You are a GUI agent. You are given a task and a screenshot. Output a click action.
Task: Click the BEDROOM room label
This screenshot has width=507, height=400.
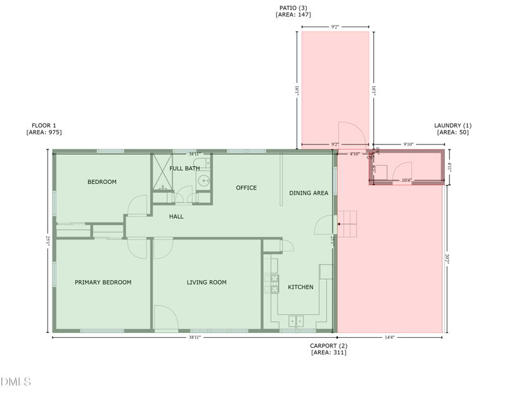tap(102, 182)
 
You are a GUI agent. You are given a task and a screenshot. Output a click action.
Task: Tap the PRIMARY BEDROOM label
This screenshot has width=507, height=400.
tap(103, 282)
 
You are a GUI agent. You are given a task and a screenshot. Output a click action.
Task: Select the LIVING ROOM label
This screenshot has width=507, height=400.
tap(207, 282)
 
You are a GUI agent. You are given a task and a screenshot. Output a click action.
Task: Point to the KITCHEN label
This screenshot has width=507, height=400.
tap(300, 287)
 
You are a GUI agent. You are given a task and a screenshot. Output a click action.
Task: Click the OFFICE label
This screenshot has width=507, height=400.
tap(246, 188)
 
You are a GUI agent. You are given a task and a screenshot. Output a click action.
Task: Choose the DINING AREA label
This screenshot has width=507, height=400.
tap(309, 193)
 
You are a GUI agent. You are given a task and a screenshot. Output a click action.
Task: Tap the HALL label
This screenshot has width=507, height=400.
tap(176, 217)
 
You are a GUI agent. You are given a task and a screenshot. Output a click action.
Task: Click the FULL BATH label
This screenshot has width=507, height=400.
tap(184, 168)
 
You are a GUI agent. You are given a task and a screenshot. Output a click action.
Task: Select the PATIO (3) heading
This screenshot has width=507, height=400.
tap(293, 8)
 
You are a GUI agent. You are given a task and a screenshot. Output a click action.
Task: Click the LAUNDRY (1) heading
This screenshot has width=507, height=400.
tap(452, 126)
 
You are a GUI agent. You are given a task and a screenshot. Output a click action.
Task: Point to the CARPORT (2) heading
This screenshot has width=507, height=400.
tap(328, 345)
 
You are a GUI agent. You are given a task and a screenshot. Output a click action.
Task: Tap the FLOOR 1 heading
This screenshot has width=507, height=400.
tap(44, 126)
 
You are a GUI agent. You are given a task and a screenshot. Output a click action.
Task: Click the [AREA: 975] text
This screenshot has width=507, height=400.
tap(44, 132)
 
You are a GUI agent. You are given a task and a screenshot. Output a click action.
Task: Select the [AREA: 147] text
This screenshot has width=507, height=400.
tap(293, 15)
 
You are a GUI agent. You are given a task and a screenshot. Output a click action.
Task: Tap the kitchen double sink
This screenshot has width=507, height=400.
tap(296, 321)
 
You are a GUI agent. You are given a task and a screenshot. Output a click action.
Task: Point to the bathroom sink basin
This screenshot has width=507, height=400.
tap(203, 181)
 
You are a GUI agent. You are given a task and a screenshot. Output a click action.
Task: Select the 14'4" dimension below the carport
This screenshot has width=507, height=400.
tap(389, 337)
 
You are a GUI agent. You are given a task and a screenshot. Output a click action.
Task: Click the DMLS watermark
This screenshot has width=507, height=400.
tap(16, 381)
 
